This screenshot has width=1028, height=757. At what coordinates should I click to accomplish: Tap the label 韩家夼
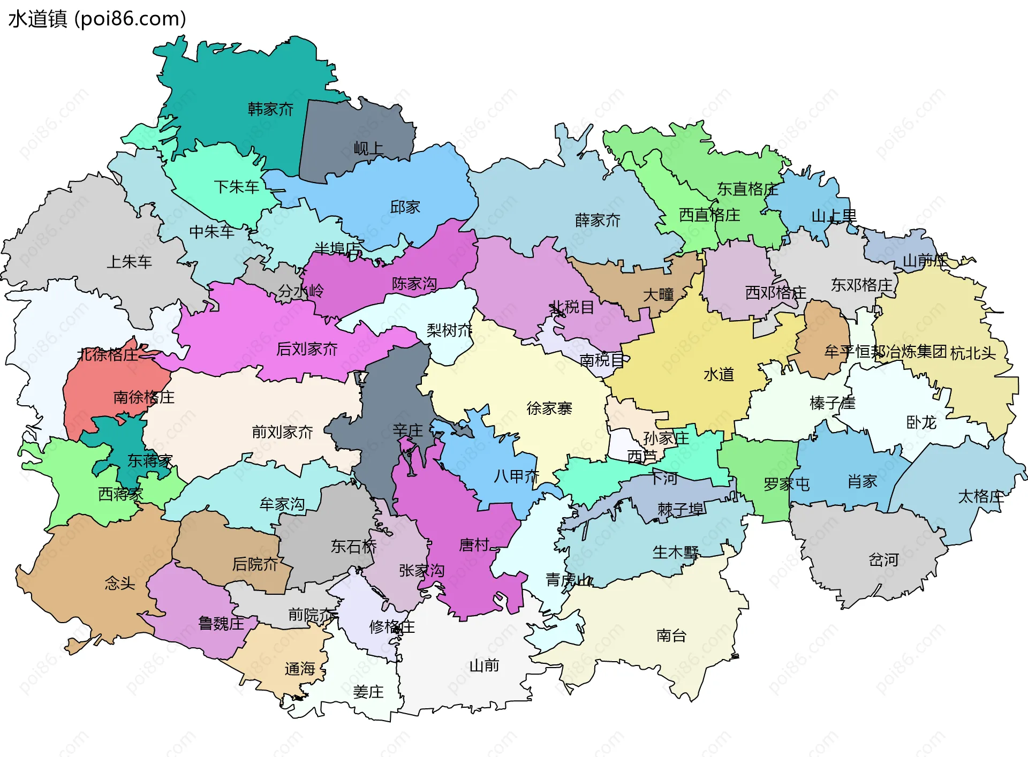pos(270,110)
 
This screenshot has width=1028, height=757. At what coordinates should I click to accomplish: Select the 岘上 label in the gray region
pos(368,149)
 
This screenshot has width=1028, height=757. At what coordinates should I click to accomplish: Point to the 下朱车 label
pos(236,187)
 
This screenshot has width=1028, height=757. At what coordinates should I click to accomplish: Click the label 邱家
pos(405,207)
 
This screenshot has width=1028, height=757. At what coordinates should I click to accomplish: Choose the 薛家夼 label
pos(598,221)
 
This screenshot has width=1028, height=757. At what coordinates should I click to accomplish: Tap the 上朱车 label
pos(129,262)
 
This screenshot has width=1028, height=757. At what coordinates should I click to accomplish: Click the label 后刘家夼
pos(307,350)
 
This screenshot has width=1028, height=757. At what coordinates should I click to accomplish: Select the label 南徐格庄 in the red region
pos(143,398)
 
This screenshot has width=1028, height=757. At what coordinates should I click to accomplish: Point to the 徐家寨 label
pos(549,409)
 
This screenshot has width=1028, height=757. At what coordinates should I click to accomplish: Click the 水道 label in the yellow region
pos(719,375)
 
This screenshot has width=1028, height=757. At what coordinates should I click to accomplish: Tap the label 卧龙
pos(921,423)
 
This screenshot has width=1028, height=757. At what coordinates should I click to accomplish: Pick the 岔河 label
pos(883,561)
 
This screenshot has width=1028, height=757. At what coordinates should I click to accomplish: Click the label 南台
pos(671,636)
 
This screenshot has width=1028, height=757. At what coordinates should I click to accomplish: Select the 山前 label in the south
pos(484,666)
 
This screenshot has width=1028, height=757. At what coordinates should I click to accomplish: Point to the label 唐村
pos(474,546)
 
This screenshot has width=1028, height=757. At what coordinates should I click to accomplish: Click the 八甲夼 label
pos(516,476)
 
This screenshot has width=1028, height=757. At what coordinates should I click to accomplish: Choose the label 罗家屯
pos(787,485)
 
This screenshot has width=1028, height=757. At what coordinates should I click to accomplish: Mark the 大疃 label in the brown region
pos(658,295)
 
